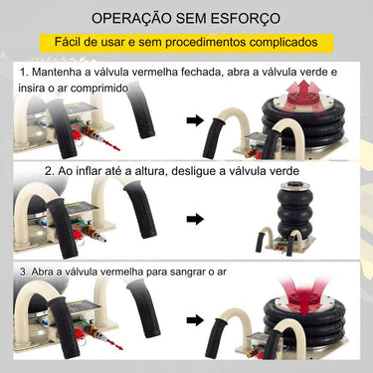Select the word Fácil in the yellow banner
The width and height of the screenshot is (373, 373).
pos(78,44)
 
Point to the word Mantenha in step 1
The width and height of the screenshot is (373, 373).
pos(62,75)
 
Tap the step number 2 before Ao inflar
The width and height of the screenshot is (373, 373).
pos(49,170)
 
